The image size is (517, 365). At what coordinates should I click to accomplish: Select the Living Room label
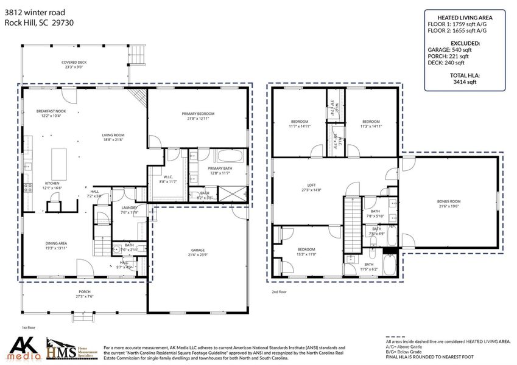113,137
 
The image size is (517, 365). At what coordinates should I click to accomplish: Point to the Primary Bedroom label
198,116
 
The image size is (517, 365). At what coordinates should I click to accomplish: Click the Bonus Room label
449,204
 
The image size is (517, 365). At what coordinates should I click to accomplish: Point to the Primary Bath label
219,171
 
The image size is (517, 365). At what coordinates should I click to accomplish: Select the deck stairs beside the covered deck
138,54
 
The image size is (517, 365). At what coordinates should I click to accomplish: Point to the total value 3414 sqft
463,81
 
